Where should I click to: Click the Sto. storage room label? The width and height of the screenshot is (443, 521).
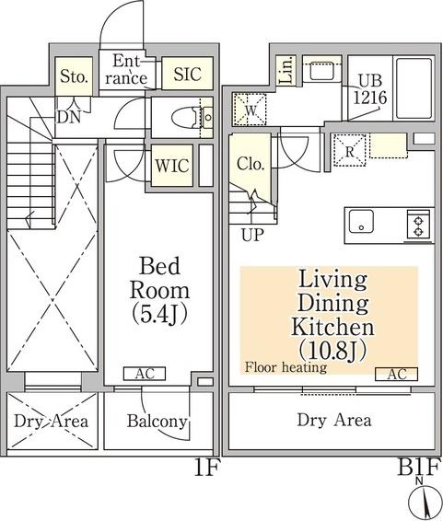74,77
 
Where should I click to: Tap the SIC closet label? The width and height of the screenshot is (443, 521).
188,74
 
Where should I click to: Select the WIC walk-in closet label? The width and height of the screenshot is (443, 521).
172,165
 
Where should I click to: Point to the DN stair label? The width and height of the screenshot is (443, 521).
69,117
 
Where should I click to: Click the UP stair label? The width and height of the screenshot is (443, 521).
252,235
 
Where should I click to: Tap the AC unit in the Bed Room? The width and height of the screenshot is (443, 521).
145,374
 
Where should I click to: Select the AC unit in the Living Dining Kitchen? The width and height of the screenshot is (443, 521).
396,374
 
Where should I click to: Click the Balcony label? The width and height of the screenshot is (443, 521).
157,421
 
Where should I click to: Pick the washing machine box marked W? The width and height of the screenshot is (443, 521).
250,110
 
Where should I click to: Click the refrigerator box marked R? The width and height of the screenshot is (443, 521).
350,150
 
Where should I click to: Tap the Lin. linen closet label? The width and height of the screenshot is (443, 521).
286,70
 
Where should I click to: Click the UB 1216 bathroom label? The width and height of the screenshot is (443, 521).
370,89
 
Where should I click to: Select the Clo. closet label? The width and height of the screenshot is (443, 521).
251,164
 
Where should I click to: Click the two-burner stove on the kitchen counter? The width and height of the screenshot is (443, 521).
418,225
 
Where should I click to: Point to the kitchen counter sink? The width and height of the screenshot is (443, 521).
361,222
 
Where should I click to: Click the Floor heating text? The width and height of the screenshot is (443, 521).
286,367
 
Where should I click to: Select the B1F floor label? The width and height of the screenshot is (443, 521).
419,467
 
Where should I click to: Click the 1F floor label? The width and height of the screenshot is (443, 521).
206,468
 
